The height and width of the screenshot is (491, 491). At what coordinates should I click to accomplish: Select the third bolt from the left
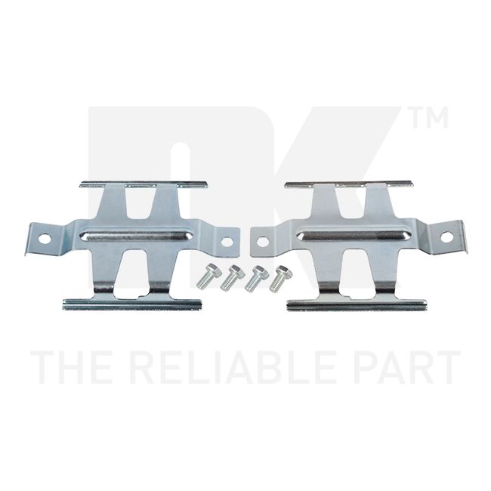coord(256,279)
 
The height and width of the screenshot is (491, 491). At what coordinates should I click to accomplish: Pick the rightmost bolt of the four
coord(280,279)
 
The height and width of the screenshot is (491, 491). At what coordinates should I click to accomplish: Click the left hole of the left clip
coord(45,239)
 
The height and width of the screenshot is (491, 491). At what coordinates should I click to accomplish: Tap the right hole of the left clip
coord(227,241)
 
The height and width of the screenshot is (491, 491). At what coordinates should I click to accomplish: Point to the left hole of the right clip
coord(263,242)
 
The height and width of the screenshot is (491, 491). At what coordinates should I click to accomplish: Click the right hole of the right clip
coord(446,236)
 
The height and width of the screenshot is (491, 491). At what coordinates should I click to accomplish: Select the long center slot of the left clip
coord(136,236)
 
